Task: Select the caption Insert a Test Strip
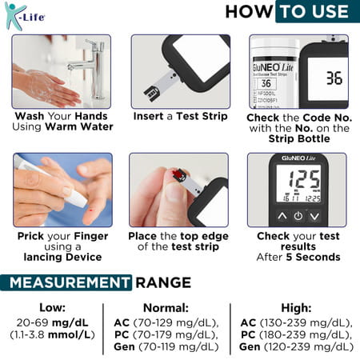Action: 180,116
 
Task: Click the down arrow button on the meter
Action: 314,216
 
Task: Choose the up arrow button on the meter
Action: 281,216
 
